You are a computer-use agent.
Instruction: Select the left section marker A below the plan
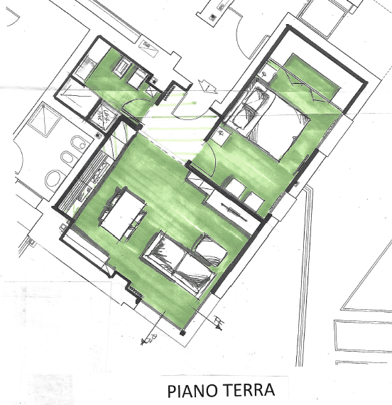click(150, 340)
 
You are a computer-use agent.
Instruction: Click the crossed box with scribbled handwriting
click(104, 117)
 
